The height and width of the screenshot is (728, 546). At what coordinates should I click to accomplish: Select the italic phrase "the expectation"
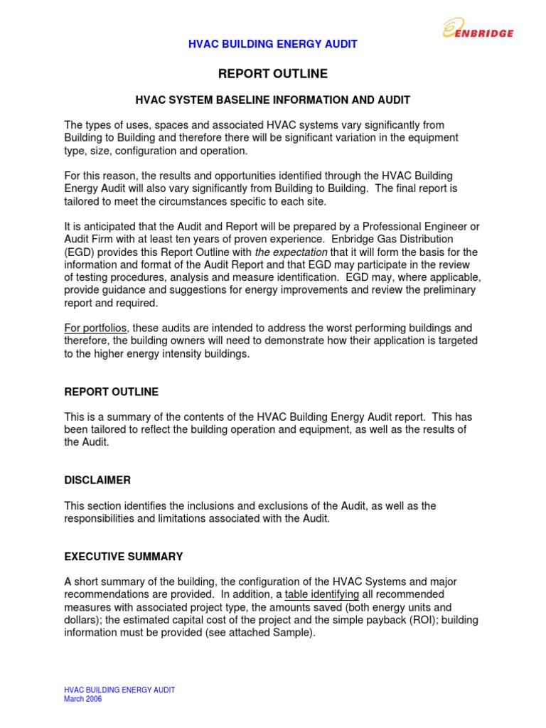[291, 252]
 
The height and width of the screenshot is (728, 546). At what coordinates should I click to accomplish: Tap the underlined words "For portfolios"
[96, 328]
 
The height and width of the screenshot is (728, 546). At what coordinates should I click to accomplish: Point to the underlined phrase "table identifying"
[322, 594]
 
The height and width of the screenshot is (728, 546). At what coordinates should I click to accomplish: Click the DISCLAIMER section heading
[97, 480]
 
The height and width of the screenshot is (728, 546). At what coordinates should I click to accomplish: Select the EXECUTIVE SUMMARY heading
[124, 557]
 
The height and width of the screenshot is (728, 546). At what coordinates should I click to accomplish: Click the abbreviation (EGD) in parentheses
[79, 252]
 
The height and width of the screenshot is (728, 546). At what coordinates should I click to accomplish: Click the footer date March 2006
[83, 699]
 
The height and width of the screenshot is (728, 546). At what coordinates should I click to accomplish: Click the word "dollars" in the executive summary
[82, 619]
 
